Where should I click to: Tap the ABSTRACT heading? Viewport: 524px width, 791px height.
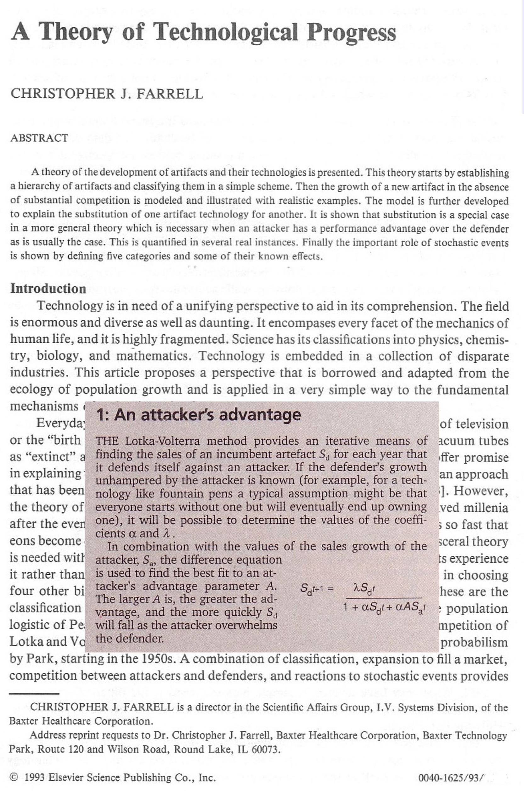(39, 138)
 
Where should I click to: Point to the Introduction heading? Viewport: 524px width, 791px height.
(48, 288)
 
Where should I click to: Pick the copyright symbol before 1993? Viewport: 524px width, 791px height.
(14, 777)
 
